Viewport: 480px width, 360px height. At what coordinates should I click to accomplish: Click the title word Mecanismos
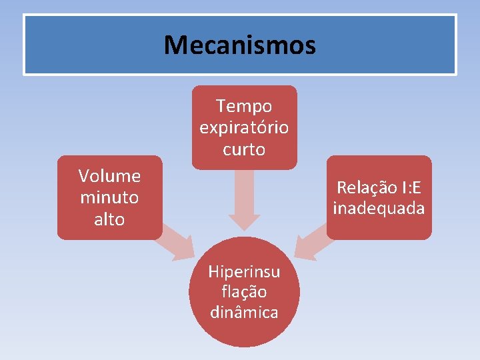(240, 45)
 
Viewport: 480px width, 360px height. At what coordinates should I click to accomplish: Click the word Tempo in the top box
(244, 106)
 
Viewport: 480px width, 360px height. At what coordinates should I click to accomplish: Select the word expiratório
(244, 127)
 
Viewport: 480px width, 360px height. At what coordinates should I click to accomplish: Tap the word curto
(244, 149)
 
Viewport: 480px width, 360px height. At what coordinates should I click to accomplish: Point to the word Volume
(109, 176)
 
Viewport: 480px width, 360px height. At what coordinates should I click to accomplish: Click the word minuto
(109, 197)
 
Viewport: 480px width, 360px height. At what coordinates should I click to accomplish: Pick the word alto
(109, 219)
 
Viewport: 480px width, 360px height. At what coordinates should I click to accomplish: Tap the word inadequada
(379, 209)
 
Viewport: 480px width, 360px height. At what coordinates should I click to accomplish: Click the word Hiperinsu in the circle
(244, 271)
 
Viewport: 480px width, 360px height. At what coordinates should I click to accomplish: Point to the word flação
(244, 291)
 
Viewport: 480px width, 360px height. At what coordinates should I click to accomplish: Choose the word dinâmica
(244, 311)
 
